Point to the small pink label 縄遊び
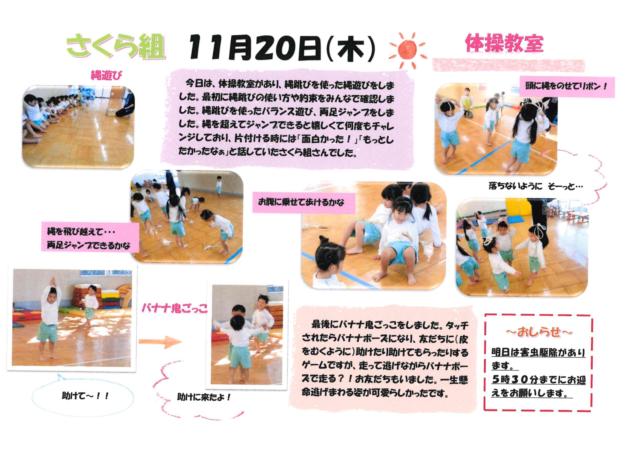click(x=106, y=75)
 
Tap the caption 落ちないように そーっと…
click(x=536, y=186)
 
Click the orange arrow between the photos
click(x=160, y=342)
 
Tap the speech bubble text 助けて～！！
click(x=85, y=396)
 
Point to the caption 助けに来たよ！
click(x=204, y=397)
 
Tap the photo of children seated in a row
click(x=78, y=127)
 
